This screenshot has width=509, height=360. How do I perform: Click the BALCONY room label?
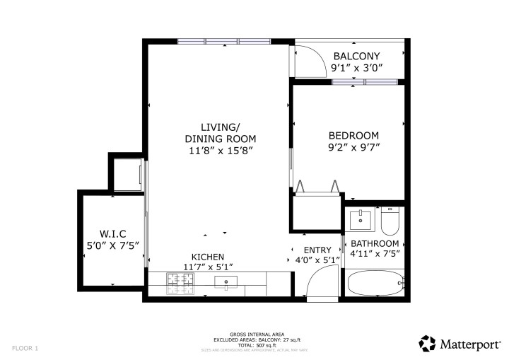pyautogui.click(x=357, y=57)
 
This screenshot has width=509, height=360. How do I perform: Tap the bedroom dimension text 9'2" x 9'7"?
pyautogui.click(x=353, y=149)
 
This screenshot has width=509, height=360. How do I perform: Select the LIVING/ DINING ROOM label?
pyautogui.click(x=220, y=132)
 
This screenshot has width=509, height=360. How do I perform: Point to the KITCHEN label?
pyautogui.click(x=208, y=257)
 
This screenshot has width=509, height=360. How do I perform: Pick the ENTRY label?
pyautogui.click(x=317, y=250)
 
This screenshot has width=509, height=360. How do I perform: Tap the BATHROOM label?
pyautogui.click(x=375, y=243)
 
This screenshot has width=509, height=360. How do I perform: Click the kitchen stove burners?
pyautogui.click(x=180, y=283)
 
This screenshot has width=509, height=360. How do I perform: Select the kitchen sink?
pyautogui.click(x=227, y=283)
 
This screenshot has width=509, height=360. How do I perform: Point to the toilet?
pyautogui.click(x=390, y=221)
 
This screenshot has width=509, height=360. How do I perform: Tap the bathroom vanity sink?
pyautogui.click(x=362, y=220)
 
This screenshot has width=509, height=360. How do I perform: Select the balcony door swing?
pyautogui.click(x=304, y=61)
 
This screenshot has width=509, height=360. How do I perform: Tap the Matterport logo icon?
pyautogui.click(x=426, y=343)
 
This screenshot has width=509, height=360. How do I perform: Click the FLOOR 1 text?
pyautogui.click(x=25, y=348)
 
